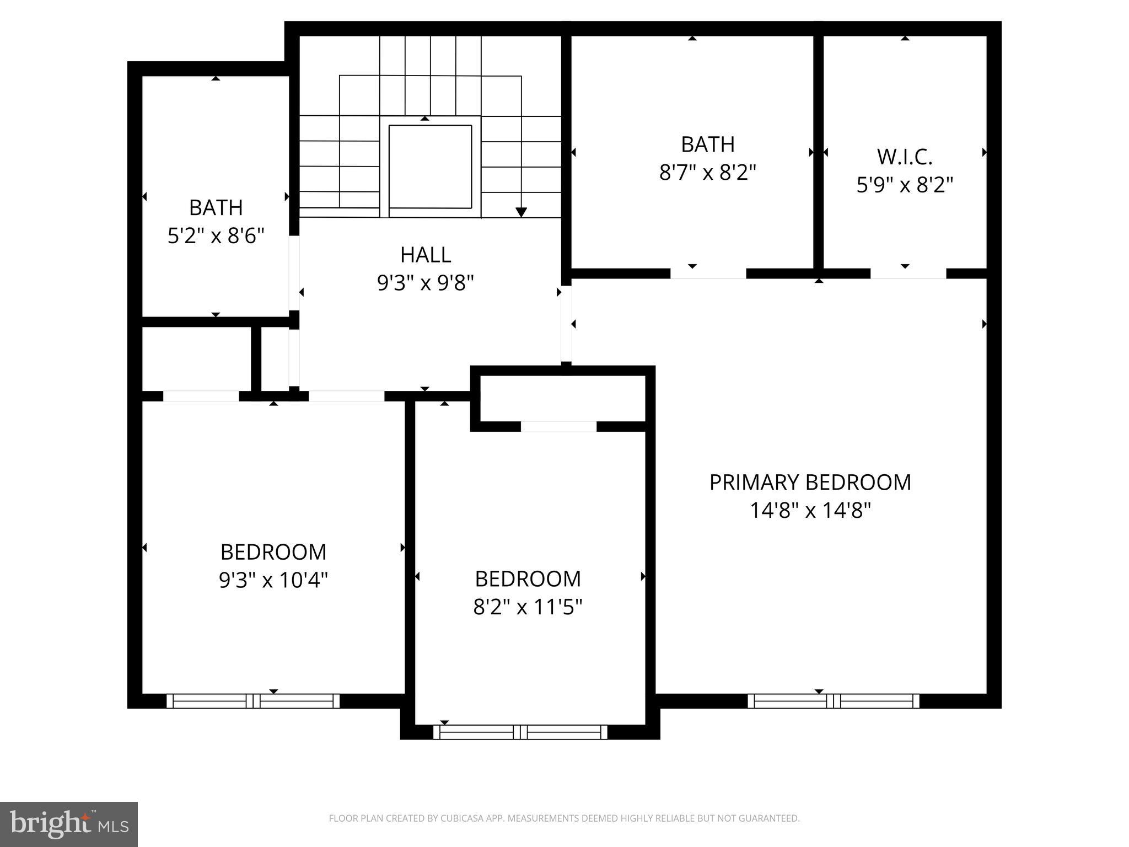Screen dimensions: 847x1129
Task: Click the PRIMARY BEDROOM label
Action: click(x=810, y=483)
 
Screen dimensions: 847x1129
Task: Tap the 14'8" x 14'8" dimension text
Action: click(x=810, y=511)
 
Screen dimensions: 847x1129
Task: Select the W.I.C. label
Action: click(x=905, y=157)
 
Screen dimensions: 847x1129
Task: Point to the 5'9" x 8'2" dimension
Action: click(x=905, y=185)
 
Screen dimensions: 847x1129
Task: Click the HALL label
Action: click(x=426, y=255)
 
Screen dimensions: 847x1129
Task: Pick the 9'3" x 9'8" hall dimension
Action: click(x=426, y=283)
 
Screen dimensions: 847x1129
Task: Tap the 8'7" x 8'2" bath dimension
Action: click(x=708, y=173)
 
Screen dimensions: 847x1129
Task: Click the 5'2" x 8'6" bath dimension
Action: click(x=216, y=236)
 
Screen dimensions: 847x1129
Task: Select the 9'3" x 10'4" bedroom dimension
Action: click(x=273, y=580)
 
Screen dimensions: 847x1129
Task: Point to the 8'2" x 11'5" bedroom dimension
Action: click(x=528, y=607)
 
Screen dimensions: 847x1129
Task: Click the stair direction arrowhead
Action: click(x=521, y=212)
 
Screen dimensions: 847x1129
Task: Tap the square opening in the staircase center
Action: click(x=430, y=167)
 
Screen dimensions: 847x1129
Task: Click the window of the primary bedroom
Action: click(x=834, y=701)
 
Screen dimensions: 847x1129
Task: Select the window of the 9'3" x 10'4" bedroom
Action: click(x=253, y=701)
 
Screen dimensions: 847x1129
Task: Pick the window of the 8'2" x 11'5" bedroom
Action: click(x=520, y=732)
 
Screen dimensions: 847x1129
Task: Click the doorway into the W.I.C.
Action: click(x=908, y=274)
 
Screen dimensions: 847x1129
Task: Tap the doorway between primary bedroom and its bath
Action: click(x=708, y=274)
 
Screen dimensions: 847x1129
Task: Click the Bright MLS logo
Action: click(x=68, y=824)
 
